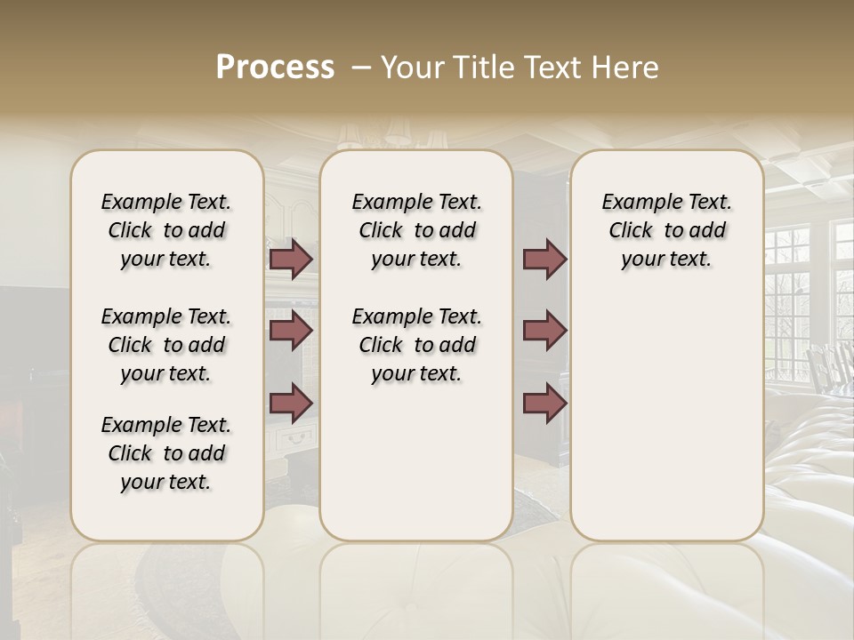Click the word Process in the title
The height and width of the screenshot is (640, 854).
[x=275, y=68]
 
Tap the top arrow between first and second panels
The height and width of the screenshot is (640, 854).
[x=291, y=260]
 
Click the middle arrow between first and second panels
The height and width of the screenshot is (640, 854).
[x=291, y=331]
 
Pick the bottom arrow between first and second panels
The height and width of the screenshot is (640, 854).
[x=291, y=403]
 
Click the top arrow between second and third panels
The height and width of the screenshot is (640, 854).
[x=544, y=260]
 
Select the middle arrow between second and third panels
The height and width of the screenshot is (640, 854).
[x=544, y=331]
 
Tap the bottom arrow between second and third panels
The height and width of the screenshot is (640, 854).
[x=544, y=403]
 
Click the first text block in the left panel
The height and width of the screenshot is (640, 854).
[x=166, y=230]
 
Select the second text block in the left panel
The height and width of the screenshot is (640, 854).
[x=166, y=345]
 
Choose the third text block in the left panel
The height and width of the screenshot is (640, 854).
[x=166, y=453]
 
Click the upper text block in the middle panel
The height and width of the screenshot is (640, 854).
[x=416, y=230]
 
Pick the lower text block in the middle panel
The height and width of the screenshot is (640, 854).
[x=416, y=345]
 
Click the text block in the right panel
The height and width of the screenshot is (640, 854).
[x=666, y=230]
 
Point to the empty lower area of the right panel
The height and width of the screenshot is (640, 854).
[x=666, y=427]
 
